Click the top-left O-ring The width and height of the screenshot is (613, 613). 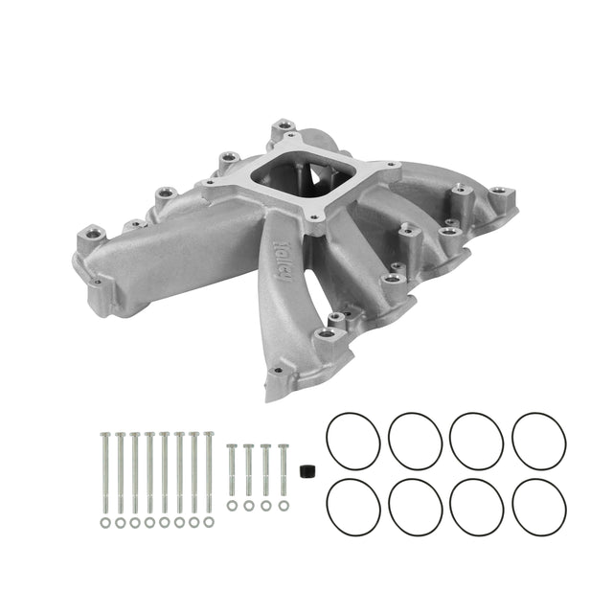pos(353,442)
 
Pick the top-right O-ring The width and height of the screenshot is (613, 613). pos(539,442)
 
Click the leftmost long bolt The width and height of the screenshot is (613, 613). pos(104,474)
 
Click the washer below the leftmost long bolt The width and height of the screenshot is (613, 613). pos(104,523)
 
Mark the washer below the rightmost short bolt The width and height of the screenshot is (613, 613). pos(283,505)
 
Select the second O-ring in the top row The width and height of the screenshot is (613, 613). pos(416,442)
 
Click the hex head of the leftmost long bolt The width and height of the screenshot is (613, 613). pos(104,436)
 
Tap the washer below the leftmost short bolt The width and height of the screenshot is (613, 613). pos(231,505)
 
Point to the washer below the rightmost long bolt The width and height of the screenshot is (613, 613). pos(208,523)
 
